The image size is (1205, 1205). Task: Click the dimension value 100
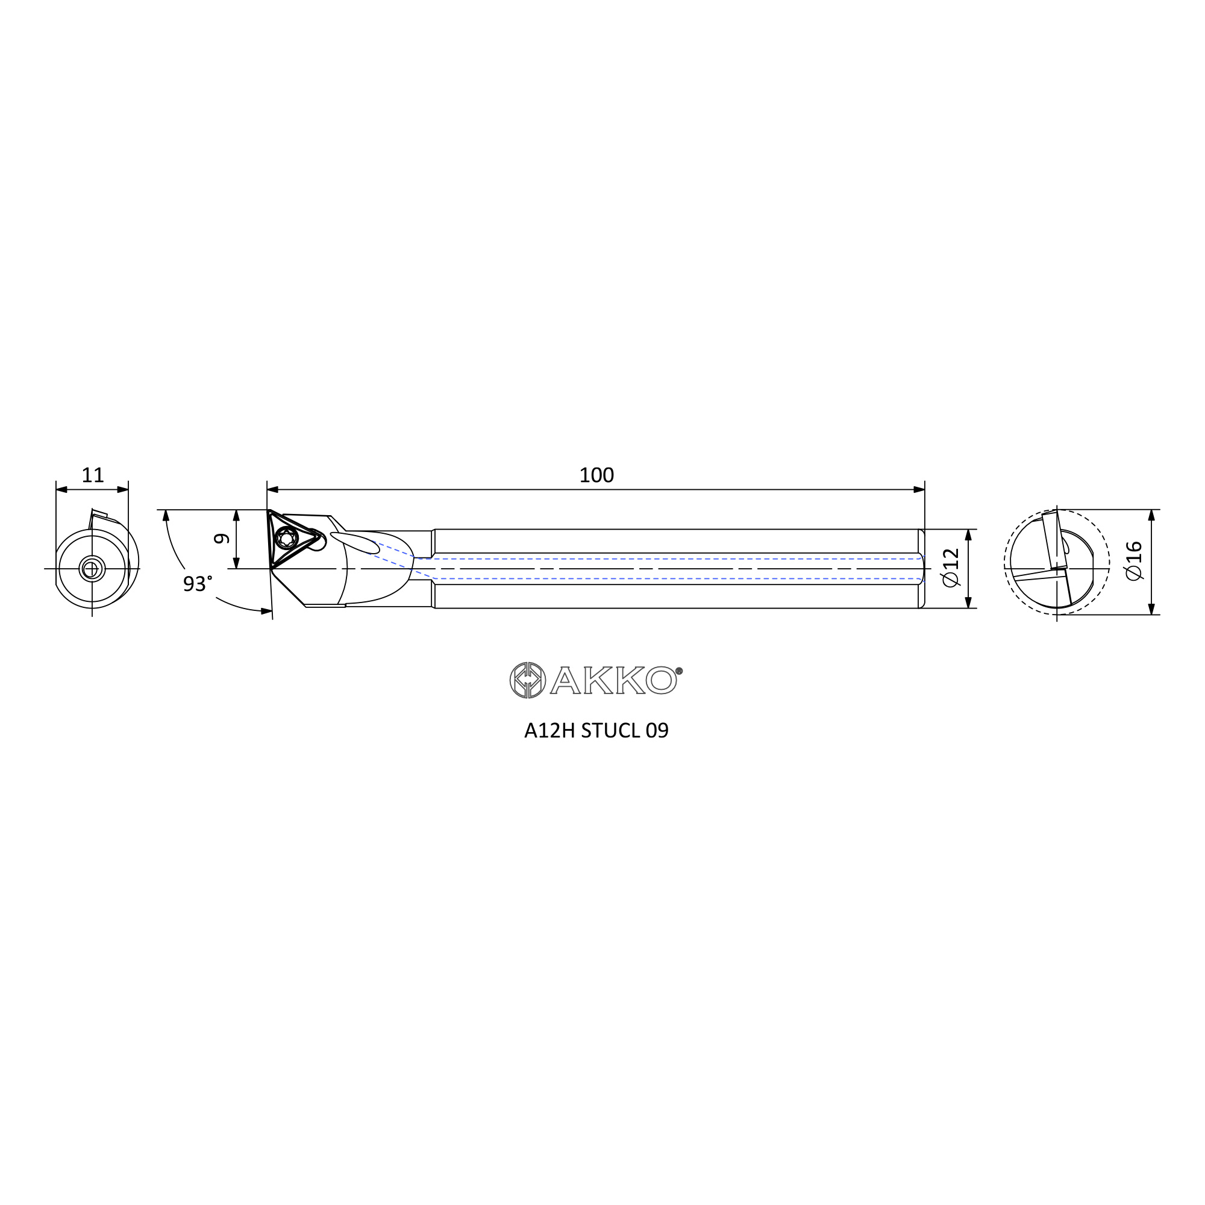[596, 475]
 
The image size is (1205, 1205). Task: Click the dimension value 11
[92, 475]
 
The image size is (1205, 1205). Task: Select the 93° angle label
[197, 584]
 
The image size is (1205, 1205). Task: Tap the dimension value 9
[221, 538]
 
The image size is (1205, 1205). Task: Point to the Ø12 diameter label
[951, 568]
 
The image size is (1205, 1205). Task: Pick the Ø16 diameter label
[1134, 561]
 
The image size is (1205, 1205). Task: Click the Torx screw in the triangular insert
[287, 537]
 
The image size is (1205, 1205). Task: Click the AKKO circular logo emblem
[528, 680]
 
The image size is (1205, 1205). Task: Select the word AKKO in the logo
[613, 680]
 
